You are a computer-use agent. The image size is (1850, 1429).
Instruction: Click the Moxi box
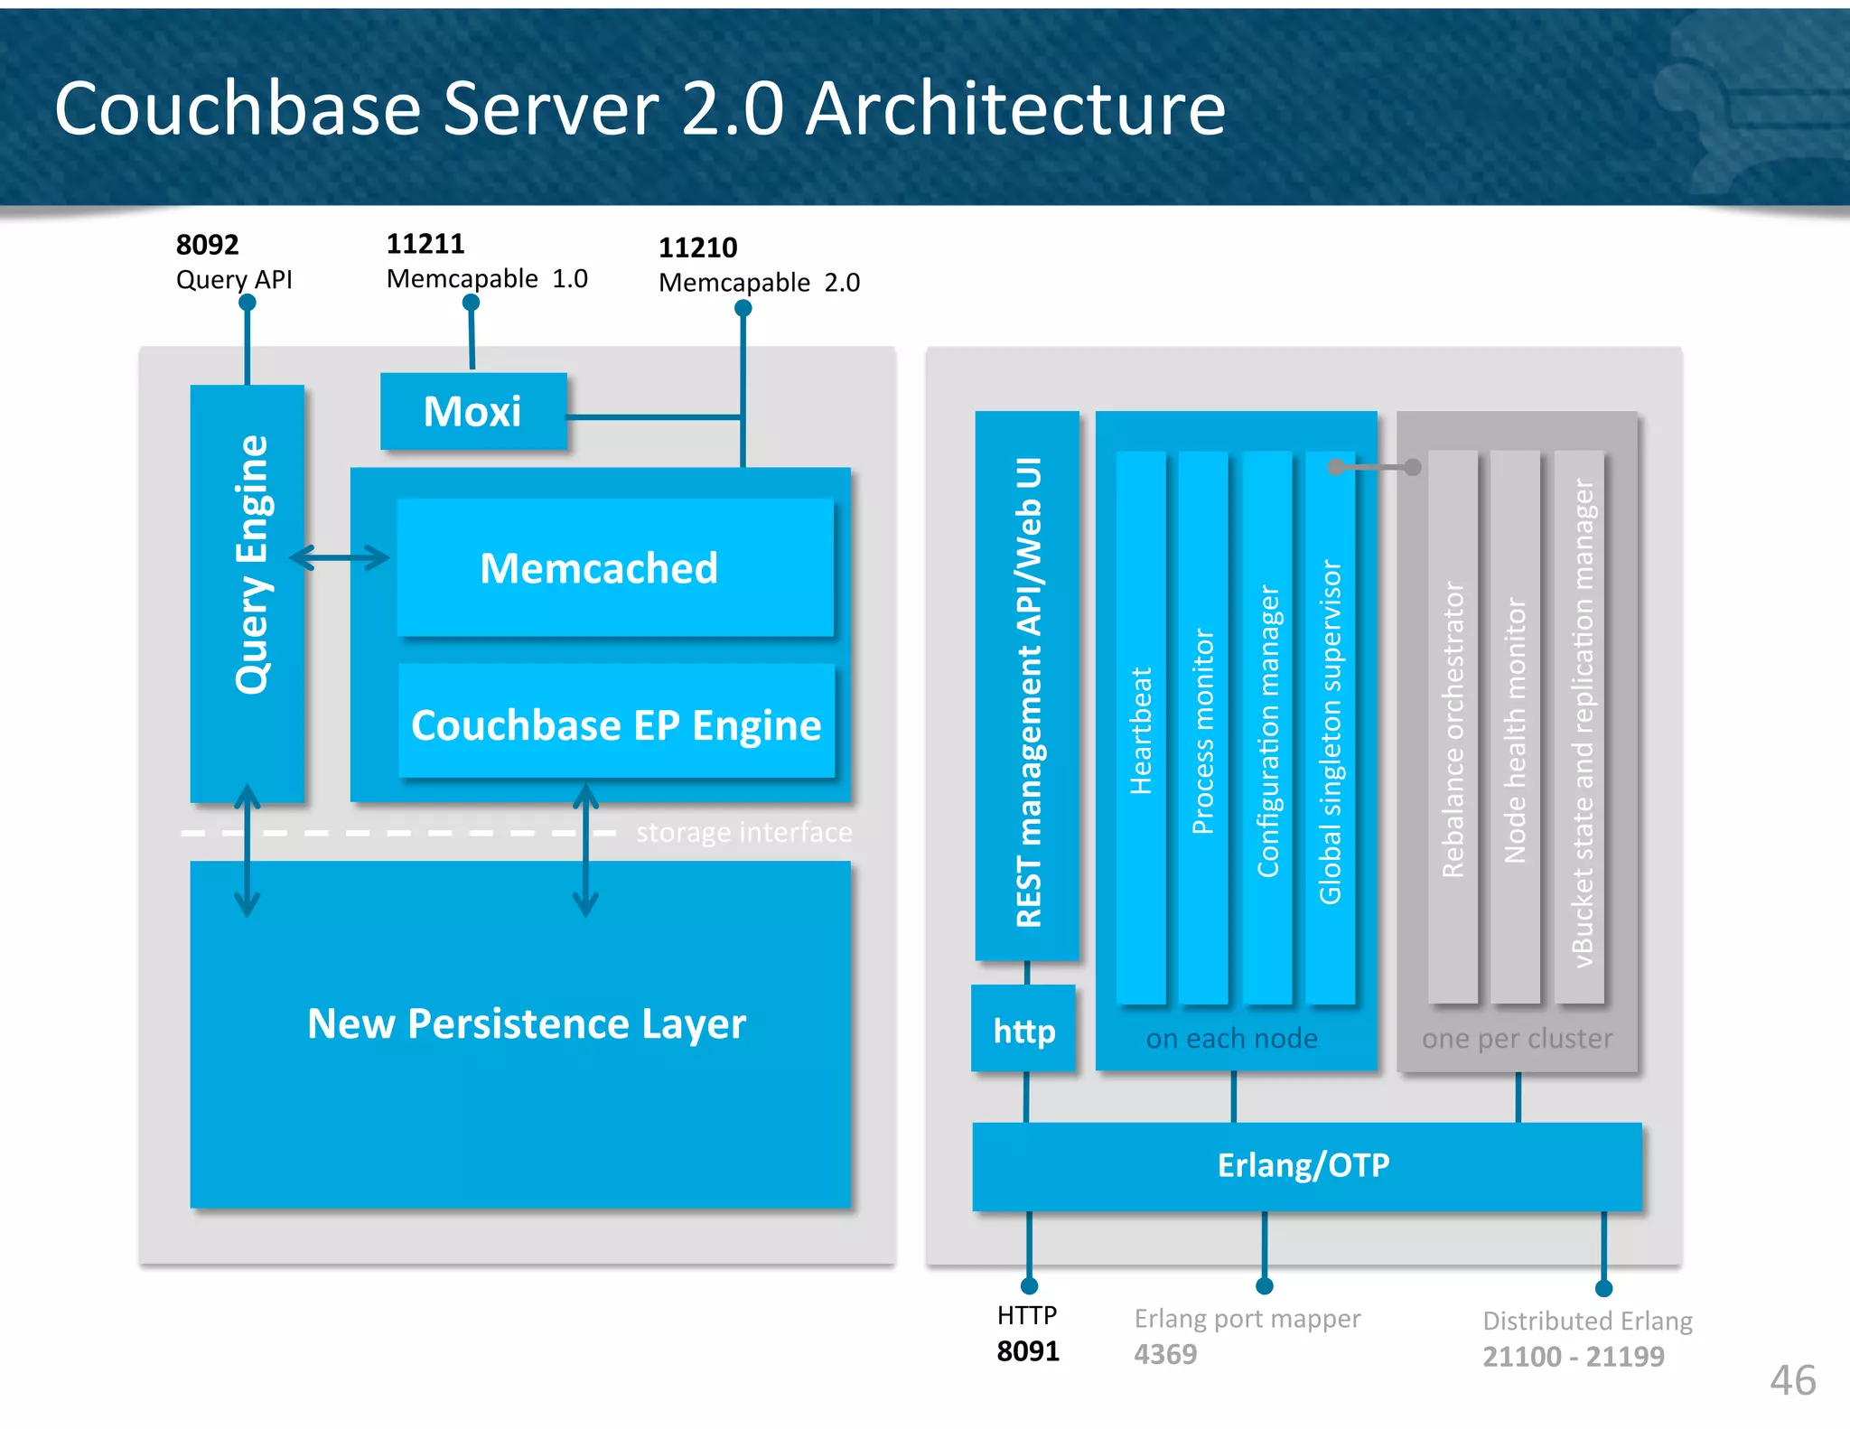point(473,412)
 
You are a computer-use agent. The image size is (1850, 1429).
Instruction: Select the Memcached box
point(615,568)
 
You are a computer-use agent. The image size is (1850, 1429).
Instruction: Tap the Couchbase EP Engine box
point(616,724)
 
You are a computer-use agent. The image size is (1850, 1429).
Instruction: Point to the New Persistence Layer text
point(527,1023)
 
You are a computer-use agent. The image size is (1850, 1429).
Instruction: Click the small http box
point(1024,1030)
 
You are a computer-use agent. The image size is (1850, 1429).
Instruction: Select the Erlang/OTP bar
point(1304,1165)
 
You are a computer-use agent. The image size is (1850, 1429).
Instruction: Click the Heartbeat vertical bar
point(1141,728)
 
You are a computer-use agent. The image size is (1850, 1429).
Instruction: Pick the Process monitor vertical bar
point(1202,728)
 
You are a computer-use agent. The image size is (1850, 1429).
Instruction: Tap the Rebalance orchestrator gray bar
point(1453,728)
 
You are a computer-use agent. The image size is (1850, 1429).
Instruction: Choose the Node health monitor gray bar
point(1515,728)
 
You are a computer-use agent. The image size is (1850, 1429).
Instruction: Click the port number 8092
point(207,245)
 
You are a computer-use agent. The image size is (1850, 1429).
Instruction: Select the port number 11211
point(425,244)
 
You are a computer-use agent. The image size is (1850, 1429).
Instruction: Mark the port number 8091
point(1028,1351)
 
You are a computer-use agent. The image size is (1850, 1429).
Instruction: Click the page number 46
point(1792,1380)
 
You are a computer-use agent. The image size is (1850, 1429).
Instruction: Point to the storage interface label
point(743,832)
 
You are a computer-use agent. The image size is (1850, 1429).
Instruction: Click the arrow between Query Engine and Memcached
point(340,557)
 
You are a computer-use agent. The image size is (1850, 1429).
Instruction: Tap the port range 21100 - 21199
point(1573,1356)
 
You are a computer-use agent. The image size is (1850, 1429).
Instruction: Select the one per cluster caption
point(1517,1039)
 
